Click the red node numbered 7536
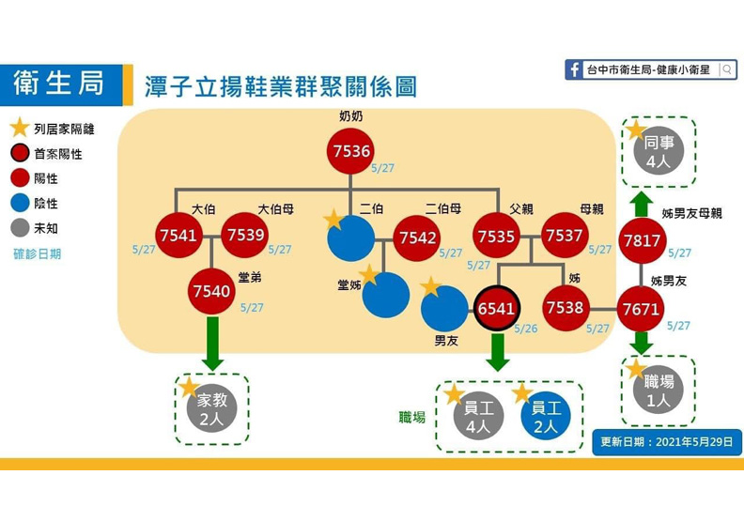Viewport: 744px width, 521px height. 350,151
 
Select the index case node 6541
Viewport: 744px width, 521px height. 495,308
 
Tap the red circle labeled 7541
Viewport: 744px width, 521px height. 179,235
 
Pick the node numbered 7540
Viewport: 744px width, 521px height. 211,291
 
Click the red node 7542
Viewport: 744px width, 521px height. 417,238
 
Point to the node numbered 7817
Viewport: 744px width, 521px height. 643,241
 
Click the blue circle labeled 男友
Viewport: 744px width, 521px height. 444,309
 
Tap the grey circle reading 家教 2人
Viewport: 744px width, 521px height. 212,409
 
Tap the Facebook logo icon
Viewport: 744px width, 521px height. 574,70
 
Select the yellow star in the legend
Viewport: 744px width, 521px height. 19,129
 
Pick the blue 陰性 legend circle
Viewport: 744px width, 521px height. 19,203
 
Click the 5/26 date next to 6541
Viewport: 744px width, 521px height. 527,329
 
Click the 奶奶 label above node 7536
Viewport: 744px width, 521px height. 350,116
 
